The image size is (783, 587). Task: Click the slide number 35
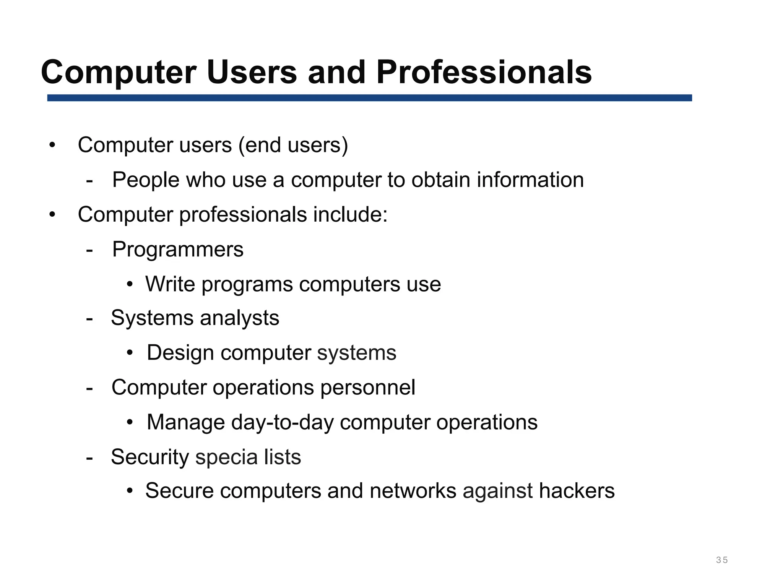(722, 560)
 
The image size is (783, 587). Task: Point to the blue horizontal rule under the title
(369, 98)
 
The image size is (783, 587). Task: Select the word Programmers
(178, 250)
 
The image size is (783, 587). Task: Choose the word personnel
(367, 388)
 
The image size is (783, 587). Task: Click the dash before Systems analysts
(90, 318)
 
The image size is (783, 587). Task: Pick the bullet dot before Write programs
(130, 284)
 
